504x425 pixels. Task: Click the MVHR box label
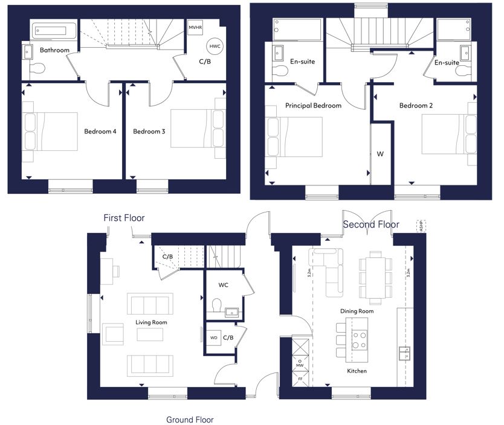click(x=195, y=28)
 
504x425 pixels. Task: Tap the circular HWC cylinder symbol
click(x=215, y=46)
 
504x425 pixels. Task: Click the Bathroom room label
click(x=54, y=50)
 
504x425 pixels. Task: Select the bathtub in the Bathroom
click(x=54, y=31)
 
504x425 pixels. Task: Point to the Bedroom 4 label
click(x=100, y=131)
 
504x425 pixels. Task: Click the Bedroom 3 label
click(x=149, y=131)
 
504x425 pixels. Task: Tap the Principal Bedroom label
click(x=314, y=106)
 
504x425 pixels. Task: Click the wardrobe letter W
click(x=380, y=154)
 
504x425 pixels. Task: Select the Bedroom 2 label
click(x=416, y=106)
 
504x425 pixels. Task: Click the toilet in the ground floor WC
click(x=217, y=305)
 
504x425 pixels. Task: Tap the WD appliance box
click(x=214, y=337)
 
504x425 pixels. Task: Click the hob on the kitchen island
click(x=360, y=340)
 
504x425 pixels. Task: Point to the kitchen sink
click(x=405, y=353)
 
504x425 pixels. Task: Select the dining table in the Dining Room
click(x=375, y=278)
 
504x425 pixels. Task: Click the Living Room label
click(x=152, y=322)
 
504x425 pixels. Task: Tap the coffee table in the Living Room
click(x=150, y=334)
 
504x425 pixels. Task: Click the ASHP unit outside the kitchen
click(x=421, y=226)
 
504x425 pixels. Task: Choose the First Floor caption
click(x=124, y=218)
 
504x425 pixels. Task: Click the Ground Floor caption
click(x=190, y=420)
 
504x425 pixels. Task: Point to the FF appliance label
click(x=300, y=379)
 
